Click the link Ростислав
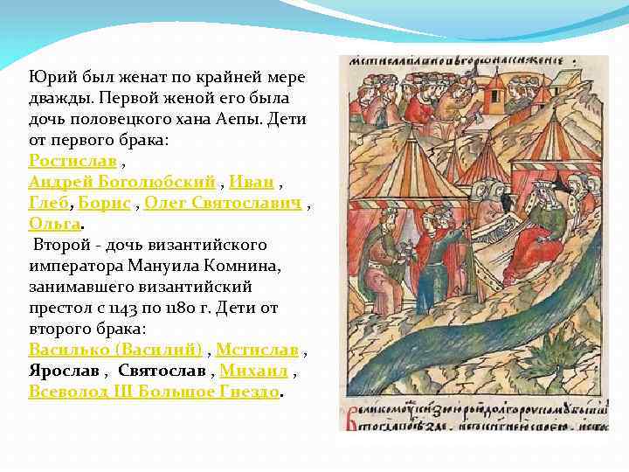[73, 162]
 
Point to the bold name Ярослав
[64, 371]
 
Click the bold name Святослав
[162, 371]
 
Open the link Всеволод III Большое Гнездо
[155, 392]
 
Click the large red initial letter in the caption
[350, 416]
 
